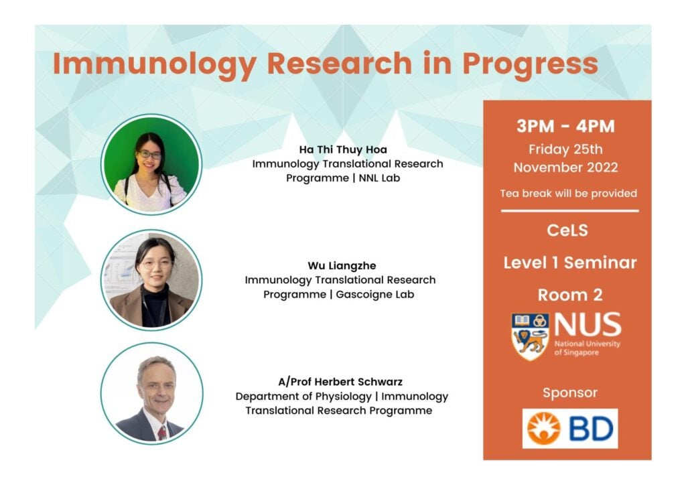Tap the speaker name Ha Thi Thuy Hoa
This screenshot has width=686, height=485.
(343, 149)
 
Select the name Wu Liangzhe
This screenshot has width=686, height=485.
(342, 265)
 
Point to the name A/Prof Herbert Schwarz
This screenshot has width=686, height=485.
(340, 382)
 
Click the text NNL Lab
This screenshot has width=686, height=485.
(379, 178)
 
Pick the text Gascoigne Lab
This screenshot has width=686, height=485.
(375, 294)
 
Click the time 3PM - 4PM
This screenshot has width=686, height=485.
(565, 127)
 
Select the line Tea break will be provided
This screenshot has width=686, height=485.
(568, 194)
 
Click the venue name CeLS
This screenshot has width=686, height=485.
(567, 230)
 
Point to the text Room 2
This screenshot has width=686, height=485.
(570, 295)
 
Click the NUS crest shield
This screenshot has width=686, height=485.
(531, 336)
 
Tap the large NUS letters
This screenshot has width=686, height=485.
(588, 324)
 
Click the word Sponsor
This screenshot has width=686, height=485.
(570, 393)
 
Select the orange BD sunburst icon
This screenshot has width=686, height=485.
(543, 429)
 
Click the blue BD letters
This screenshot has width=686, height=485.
(591, 429)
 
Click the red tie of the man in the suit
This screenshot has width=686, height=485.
(162, 432)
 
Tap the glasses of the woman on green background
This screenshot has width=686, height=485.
(150, 155)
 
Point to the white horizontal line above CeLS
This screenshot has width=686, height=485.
(569, 211)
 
